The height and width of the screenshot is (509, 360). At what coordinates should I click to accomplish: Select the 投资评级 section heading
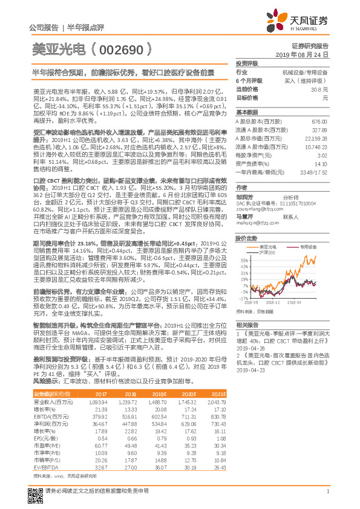247,63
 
